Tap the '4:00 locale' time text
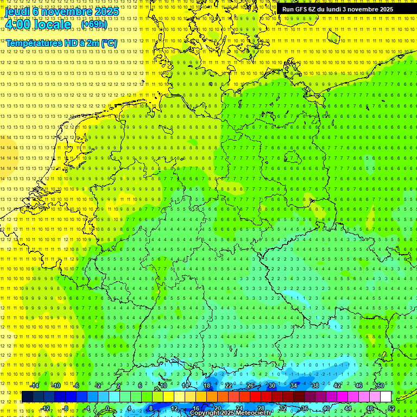(x=38, y=24)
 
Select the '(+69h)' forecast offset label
(x=93, y=24)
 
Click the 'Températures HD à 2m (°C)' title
(x=61, y=43)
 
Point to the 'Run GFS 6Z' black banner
(x=337, y=9)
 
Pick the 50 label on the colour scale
(x=380, y=386)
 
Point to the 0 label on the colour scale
(x=108, y=408)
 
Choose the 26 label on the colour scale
(x=250, y=386)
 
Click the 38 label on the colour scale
(x=315, y=386)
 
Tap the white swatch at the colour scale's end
(x=386, y=397)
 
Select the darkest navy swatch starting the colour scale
(x=27, y=397)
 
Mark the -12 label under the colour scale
(x=46, y=408)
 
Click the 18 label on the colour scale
(x=206, y=386)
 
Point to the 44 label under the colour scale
(x=348, y=408)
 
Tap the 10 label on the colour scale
(x=163, y=386)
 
